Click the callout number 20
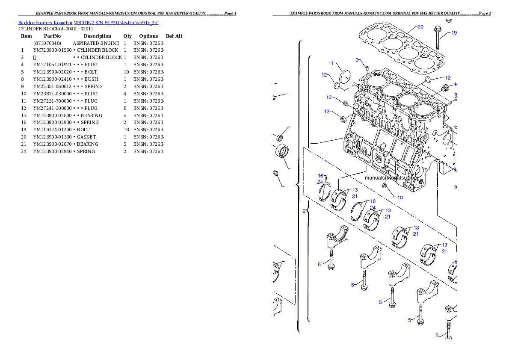pyautogui.click(x=420, y=27)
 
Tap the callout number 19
pyautogui.click(x=454, y=33)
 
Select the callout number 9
pyautogui.click(x=357, y=60)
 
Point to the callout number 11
pyautogui.click(x=331, y=63)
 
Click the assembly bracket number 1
pyautogui.click(x=294, y=186)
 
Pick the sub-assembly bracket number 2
pyautogui.click(x=304, y=211)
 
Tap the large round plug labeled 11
pyautogui.click(x=345, y=77)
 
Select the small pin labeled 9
pyautogui.click(x=367, y=67)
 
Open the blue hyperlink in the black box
pyautogui.click(x=88, y=23)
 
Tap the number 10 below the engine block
pyautogui.click(x=400, y=198)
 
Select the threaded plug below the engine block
pyautogui.click(x=385, y=186)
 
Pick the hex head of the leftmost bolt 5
pyautogui.click(x=331, y=267)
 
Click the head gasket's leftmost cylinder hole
pyautogui.click(x=376, y=33)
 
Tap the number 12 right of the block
pyautogui.click(x=448, y=78)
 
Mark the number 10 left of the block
pyautogui.click(x=329, y=97)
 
